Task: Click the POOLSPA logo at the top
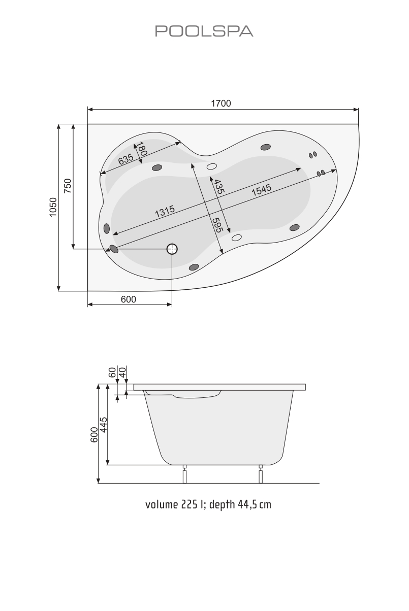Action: pyautogui.click(x=204, y=31)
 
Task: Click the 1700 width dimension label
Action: pyautogui.click(x=221, y=104)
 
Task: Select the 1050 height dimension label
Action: pyautogui.click(x=53, y=207)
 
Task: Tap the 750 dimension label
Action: pyautogui.click(x=68, y=186)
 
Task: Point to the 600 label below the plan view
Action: pyautogui.click(x=129, y=299)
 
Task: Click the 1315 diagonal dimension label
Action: pyautogui.click(x=165, y=210)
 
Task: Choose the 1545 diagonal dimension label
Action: pyautogui.click(x=261, y=190)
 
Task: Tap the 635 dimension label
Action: pyautogui.click(x=126, y=159)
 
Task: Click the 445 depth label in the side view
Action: pyautogui.click(x=103, y=423)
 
